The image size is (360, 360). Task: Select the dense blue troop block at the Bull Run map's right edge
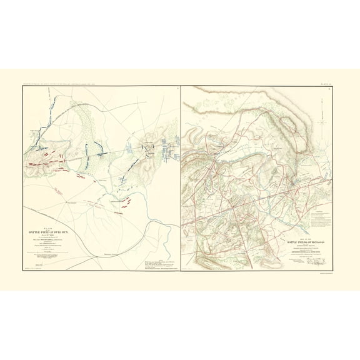click(x=169, y=149)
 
